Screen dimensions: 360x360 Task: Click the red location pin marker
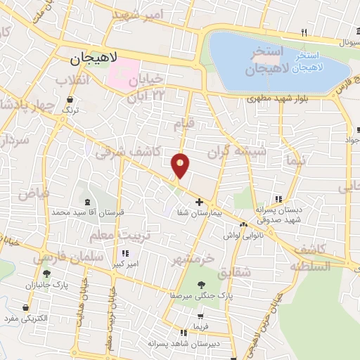point(181,165)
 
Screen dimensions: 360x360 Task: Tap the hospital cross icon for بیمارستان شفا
point(200,202)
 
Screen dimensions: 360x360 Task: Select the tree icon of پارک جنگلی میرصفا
point(202,285)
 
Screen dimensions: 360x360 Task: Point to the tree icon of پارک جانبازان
point(47,274)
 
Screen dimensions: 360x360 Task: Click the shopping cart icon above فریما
point(200,317)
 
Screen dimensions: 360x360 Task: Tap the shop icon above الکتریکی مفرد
point(26,308)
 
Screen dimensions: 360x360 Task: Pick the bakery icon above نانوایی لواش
point(243,225)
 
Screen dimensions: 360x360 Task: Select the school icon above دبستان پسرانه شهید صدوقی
point(279,199)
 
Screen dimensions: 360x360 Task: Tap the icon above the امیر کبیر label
point(125,254)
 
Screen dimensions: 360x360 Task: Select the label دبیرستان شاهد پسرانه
point(181,343)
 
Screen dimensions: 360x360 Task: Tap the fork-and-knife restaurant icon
point(304,32)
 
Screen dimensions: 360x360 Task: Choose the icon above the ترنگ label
point(68,100)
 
